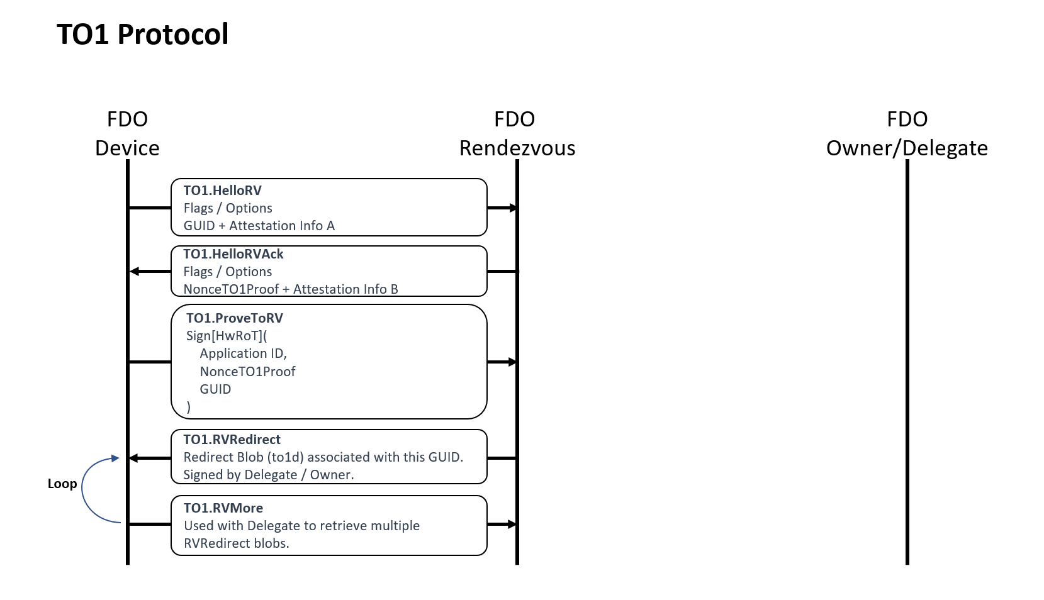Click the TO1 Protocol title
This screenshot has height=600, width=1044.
click(142, 34)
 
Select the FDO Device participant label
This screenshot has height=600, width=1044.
click(127, 133)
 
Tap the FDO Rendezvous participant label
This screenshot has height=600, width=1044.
click(517, 133)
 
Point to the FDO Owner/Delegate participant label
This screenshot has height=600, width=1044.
click(906, 133)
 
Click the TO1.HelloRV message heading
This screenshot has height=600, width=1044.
click(222, 191)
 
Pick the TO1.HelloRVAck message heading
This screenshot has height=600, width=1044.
click(233, 254)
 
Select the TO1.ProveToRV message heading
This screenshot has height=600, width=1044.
click(234, 318)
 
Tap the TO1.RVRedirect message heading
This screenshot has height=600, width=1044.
click(232, 440)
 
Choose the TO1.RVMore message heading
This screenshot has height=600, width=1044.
click(223, 508)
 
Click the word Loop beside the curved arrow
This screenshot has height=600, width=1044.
click(62, 484)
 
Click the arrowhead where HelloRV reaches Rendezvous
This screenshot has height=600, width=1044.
click(513, 208)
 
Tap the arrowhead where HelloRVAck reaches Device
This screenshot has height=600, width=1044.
click(133, 272)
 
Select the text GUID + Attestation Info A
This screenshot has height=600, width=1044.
click(259, 226)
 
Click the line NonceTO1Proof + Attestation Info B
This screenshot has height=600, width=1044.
click(290, 289)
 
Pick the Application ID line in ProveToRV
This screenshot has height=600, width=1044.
click(243, 353)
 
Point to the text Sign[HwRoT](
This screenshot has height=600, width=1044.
click(227, 336)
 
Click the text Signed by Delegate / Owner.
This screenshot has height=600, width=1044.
click(268, 475)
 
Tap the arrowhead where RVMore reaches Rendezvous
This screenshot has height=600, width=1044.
click(513, 524)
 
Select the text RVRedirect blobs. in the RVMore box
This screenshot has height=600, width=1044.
click(236, 543)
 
